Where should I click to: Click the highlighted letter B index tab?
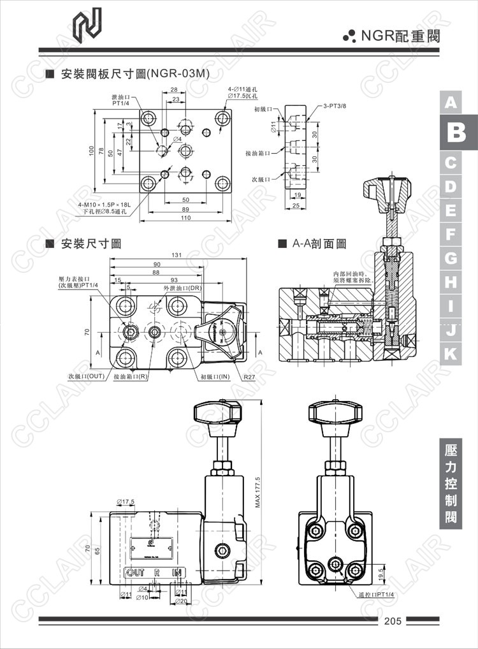pos(451,133)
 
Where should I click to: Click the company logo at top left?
pos(87,27)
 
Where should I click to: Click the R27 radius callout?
pos(249,377)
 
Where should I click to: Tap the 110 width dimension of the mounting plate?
pos(185,218)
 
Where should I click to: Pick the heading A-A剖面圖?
pos(319,244)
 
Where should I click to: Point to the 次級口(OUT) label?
pos(86,376)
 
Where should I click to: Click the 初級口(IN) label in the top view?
pos(214,377)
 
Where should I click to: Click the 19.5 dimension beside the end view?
pos(381,573)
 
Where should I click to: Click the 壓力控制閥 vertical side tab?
pos(451,484)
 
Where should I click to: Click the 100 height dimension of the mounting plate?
pos(91,150)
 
